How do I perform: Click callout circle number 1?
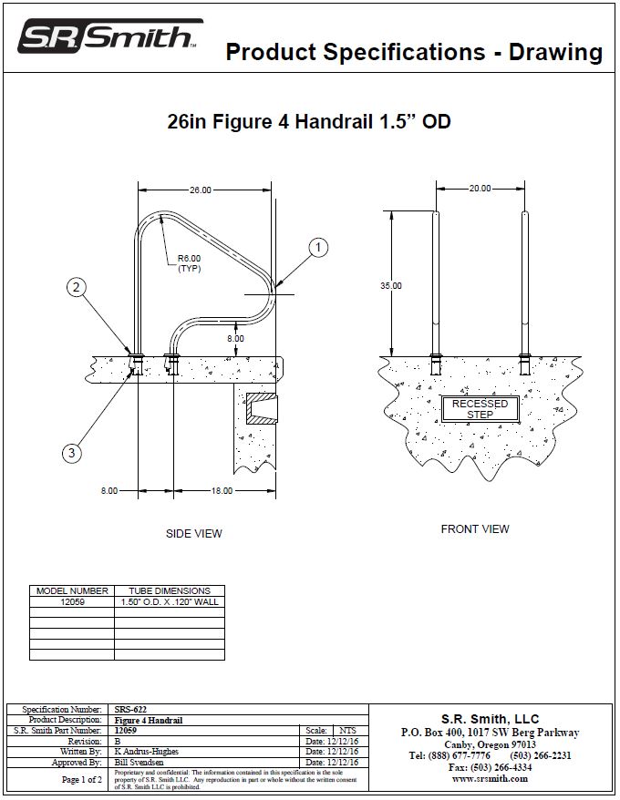click(x=318, y=247)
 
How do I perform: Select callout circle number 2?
click(x=77, y=288)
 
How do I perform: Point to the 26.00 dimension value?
click(x=201, y=190)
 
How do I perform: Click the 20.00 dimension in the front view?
click(x=480, y=189)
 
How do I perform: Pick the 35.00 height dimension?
click(x=391, y=286)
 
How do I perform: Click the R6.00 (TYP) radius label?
click(x=189, y=263)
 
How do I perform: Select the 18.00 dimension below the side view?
click(x=222, y=490)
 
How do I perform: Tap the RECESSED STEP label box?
click(x=480, y=409)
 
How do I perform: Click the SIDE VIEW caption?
click(x=193, y=534)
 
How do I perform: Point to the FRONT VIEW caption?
click(x=475, y=529)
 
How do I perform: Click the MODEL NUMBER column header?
click(x=72, y=590)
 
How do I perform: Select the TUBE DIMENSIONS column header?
click(x=169, y=590)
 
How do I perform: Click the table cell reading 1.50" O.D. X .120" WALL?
click(x=169, y=602)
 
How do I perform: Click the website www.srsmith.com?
click(x=490, y=779)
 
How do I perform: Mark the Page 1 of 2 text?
click(x=81, y=780)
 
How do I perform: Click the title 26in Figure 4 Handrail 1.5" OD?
click(x=309, y=122)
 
